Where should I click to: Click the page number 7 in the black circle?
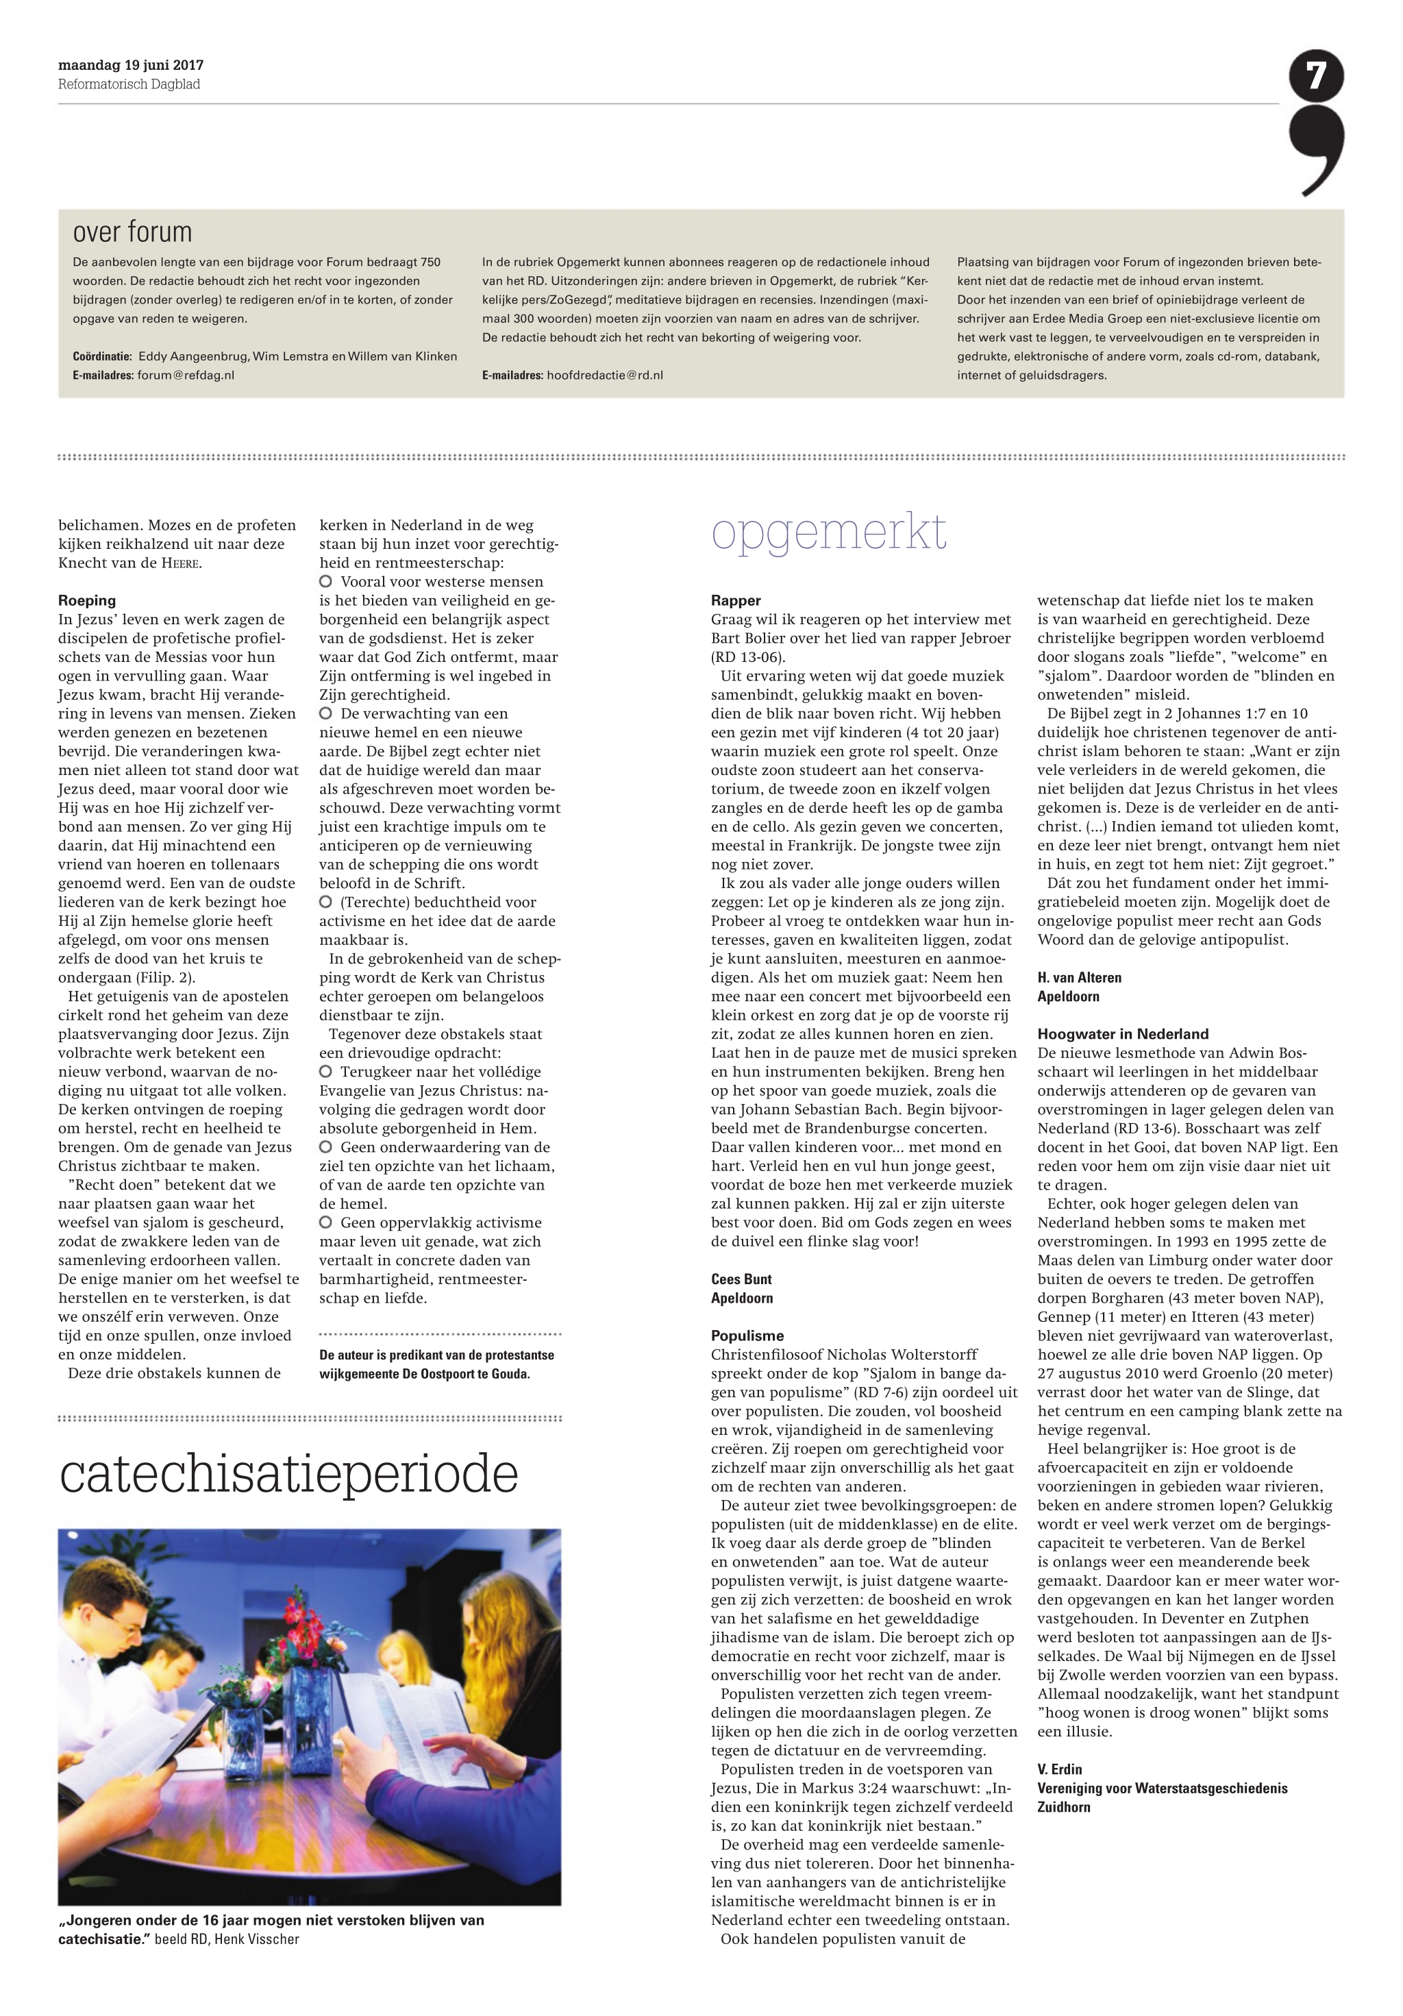tap(1315, 76)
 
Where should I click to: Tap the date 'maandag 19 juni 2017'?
tap(131, 65)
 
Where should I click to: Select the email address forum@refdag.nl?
tap(185, 375)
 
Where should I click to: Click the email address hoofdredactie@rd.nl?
tap(604, 375)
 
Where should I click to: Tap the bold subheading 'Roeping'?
tap(87, 600)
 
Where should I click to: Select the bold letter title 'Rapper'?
tap(736, 600)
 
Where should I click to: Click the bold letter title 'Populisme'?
tap(747, 1336)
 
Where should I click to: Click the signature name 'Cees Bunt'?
tap(741, 1279)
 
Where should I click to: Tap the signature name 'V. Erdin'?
tap(1059, 1769)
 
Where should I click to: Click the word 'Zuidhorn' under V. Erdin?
tap(1063, 1807)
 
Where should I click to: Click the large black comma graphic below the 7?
tap(1317, 149)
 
